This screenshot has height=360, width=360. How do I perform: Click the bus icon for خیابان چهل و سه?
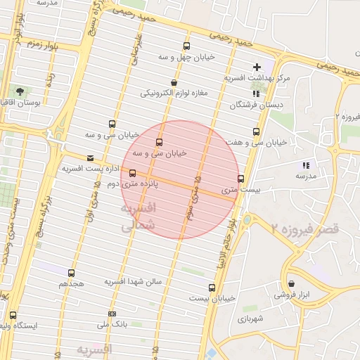(x=186, y=45)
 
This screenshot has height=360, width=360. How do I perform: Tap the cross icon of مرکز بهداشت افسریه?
(x=257, y=67)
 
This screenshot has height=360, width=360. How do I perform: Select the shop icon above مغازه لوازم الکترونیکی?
(x=174, y=82)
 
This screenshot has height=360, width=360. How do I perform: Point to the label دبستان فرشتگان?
(x=250, y=105)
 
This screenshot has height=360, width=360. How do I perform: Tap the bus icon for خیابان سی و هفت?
(x=256, y=131)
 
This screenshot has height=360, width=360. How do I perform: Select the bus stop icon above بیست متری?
(x=241, y=179)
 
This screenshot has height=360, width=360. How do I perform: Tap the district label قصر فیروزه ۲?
(x=305, y=229)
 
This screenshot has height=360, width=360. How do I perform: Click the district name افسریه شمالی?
(x=138, y=217)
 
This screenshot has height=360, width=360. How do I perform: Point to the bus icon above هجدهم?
(x=71, y=273)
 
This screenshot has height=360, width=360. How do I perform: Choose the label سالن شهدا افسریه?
(x=134, y=281)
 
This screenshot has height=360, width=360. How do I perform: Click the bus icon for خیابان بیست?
(x=212, y=287)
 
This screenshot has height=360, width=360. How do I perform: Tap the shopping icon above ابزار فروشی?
(x=292, y=283)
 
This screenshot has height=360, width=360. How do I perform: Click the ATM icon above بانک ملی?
(x=112, y=314)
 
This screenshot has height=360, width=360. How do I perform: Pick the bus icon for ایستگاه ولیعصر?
(x=13, y=315)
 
